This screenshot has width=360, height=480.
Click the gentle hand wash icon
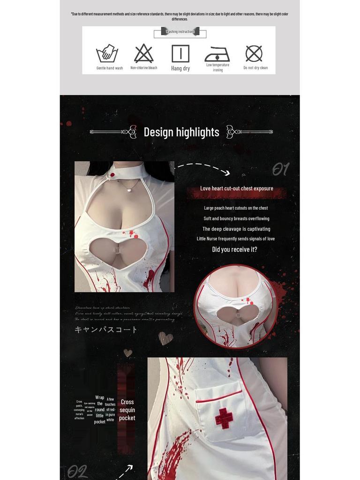pos(107,54)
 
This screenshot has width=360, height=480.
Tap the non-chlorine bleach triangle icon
pos(143,53)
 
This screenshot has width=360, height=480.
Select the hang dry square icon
pos(180,53)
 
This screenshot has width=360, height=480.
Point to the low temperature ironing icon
pos(217,54)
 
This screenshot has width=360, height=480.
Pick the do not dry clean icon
pos(254,53)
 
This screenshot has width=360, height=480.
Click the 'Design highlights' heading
pos(181,132)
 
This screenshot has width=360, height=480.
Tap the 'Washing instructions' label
pos(180,32)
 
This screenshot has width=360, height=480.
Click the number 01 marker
pos(281,169)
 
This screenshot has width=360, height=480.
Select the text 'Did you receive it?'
pos(234,249)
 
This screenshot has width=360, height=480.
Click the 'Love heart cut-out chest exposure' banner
pos(237,188)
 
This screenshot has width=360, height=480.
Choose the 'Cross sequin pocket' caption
pos(127,410)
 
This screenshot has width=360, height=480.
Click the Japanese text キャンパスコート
pos(106,330)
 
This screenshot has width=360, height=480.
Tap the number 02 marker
pos(77,471)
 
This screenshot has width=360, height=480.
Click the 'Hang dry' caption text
pos(180,68)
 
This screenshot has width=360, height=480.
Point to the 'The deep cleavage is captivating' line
pos(236,229)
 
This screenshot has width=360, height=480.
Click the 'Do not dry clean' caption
pos(255,68)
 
